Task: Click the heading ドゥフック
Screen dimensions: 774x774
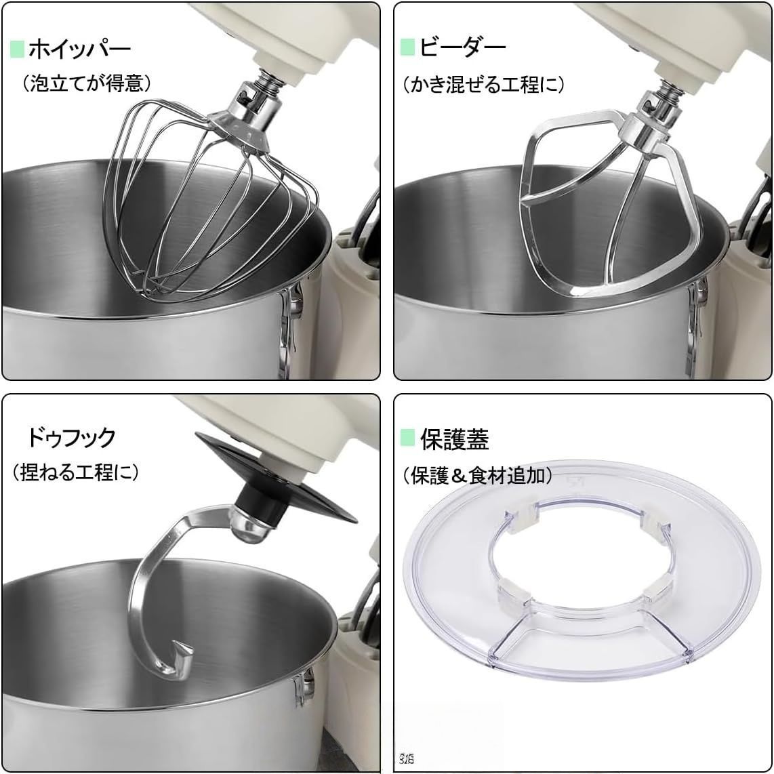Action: click(71, 438)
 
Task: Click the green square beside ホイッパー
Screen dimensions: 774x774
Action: click(17, 49)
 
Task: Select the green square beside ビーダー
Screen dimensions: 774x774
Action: click(407, 47)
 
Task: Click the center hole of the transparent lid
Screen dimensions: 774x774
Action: click(583, 563)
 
